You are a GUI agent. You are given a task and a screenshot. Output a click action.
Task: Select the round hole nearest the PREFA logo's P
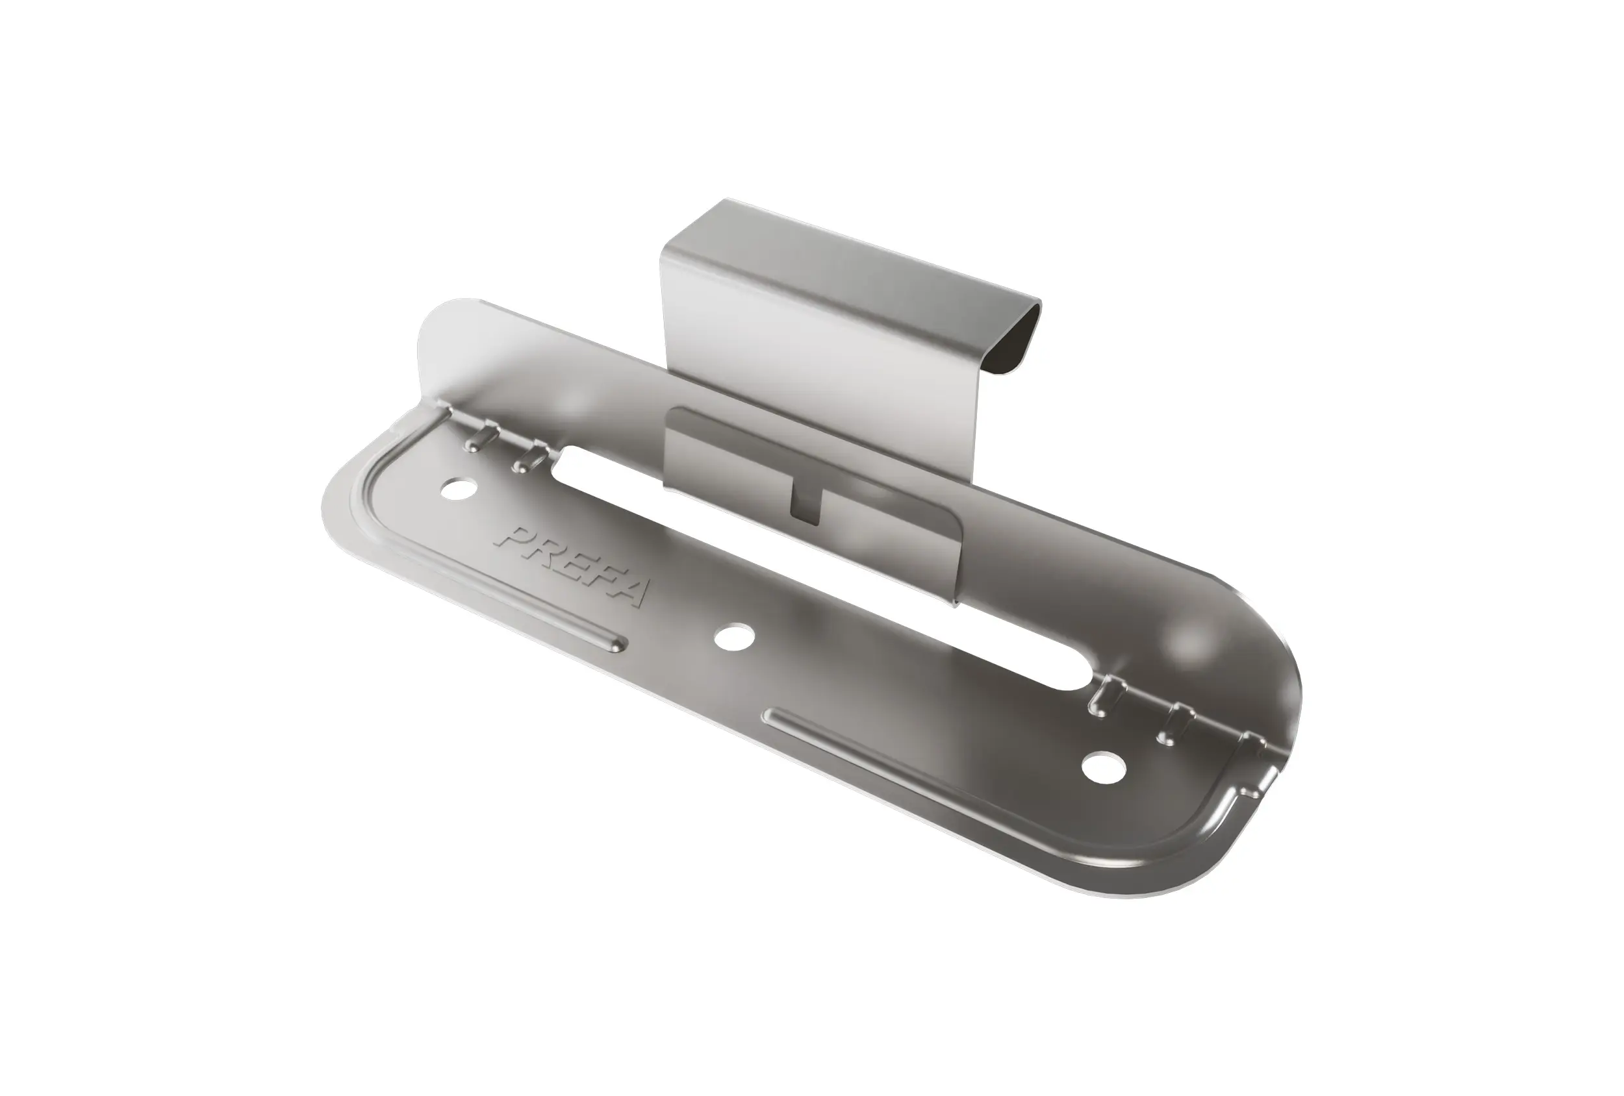pyautogui.click(x=459, y=488)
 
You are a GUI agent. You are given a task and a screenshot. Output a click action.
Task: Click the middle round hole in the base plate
pyautogui.click(x=734, y=636)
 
